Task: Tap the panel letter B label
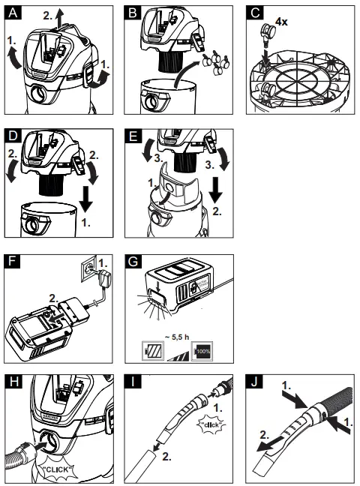pos(135,12)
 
